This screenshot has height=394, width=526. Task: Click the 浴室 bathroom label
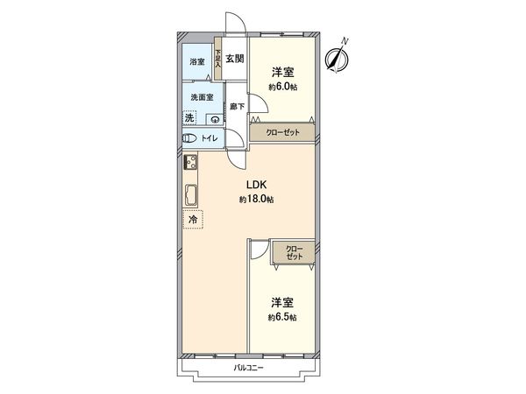point(197,61)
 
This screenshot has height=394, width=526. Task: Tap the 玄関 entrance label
point(234,60)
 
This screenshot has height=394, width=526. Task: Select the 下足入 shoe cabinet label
point(217,63)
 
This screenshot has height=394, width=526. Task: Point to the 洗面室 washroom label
point(199,98)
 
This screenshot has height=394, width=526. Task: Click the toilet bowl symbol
point(188,138)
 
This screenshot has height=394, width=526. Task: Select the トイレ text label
point(210,138)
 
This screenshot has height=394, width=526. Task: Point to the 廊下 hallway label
point(235,107)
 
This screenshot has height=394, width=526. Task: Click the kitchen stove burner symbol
point(190,162)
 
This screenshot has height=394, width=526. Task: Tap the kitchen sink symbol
point(191,194)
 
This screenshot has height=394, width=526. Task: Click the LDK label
point(256,184)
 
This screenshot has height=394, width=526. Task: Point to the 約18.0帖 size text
point(256,200)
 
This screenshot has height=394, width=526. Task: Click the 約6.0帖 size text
point(282,88)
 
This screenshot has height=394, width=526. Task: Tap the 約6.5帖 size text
point(282,317)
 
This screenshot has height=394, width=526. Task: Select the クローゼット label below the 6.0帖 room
point(283,132)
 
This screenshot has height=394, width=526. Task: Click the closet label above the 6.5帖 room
point(293,254)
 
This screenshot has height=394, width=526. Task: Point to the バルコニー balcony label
point(249,368)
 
